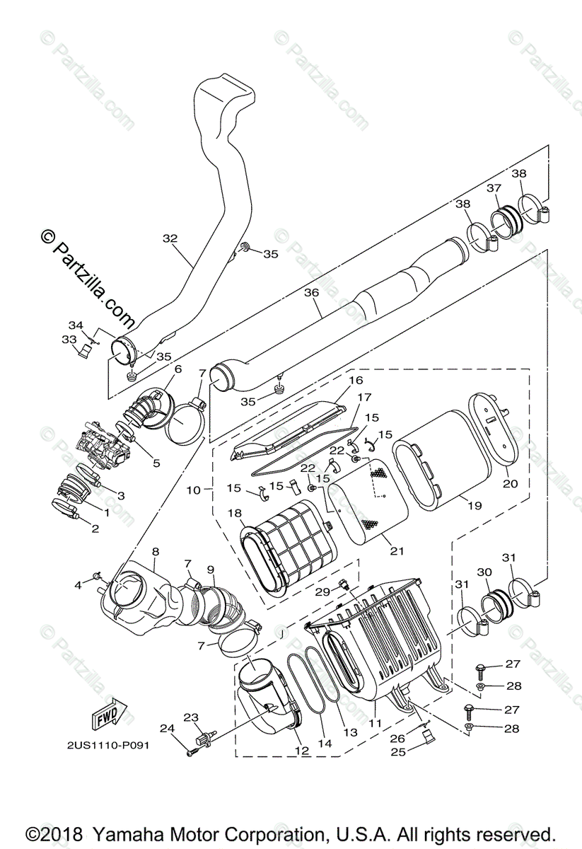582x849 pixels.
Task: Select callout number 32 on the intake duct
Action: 170,238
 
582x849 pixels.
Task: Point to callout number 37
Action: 494,188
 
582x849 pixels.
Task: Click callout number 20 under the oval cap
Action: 510,483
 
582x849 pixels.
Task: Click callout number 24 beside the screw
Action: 167,728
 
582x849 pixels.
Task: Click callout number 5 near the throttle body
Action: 156,463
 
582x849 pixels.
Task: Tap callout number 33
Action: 69,340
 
